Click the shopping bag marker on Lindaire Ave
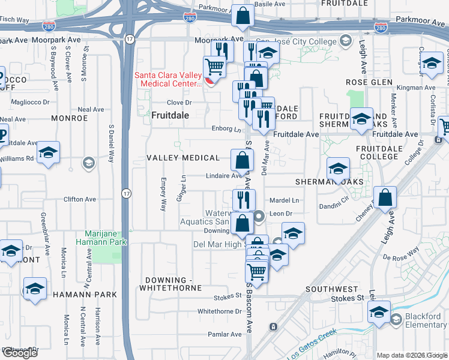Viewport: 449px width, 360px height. coord(243,160)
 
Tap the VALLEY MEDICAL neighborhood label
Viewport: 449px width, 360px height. coord(184,158)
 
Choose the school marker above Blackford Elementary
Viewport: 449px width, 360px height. coord(379,312)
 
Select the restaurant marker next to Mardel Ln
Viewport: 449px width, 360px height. coord(244,200)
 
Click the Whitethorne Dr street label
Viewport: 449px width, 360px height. coord(219,311)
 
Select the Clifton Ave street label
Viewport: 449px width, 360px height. coord(81,199)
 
